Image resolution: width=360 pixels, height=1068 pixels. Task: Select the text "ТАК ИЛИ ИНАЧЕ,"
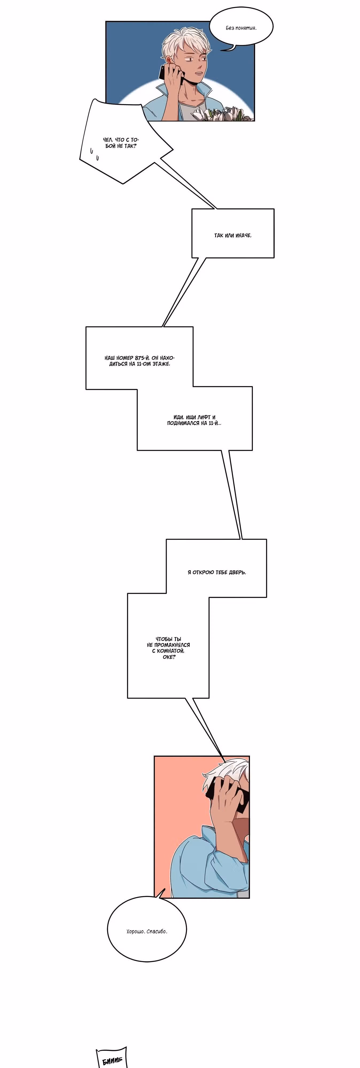click(x=233, y=235)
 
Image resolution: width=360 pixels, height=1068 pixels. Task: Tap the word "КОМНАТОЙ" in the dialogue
click(x=170, y=651)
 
